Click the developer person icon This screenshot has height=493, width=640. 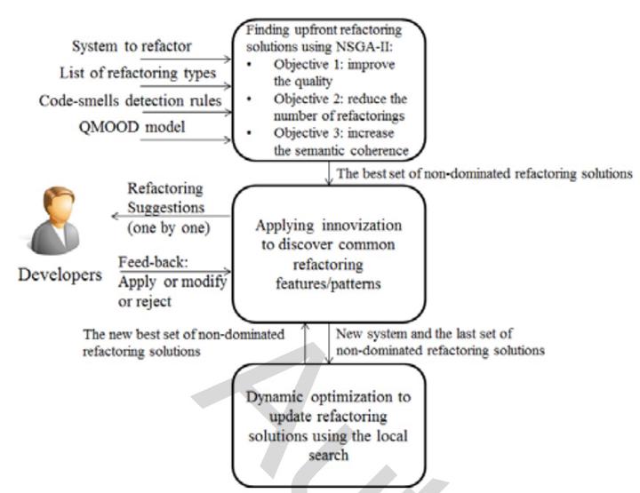point(55,220)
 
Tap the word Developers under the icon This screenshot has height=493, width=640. point(60,275)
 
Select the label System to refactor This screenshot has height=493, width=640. point(132,46)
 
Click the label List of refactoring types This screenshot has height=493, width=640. point(138,74)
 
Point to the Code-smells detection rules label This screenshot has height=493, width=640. point(130,100)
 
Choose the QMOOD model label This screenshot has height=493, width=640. point(132,127)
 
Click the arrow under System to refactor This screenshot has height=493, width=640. point(186,60)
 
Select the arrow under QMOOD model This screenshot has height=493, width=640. point(186,139)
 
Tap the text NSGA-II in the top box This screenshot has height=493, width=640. point(364,47)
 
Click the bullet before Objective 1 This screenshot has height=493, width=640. point(249,65)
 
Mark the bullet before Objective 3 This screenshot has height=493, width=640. point(249,133)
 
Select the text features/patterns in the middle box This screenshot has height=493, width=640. point(329,283)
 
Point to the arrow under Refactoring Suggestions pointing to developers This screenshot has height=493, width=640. point(172,216)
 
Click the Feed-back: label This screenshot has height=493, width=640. point(153,262)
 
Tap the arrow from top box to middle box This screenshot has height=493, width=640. point(329,173)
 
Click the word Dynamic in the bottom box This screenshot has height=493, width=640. point(275,397)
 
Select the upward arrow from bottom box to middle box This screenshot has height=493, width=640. point(305,343)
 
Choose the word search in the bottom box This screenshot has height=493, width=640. point(329,455)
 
